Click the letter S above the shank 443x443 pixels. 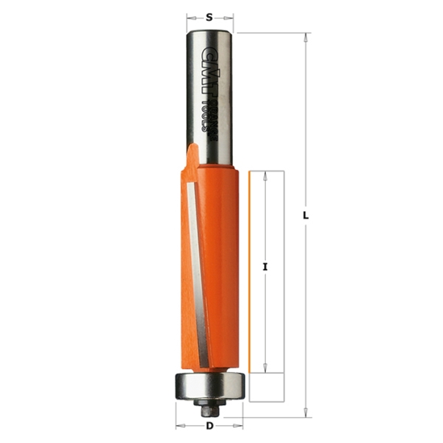(210, 15)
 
